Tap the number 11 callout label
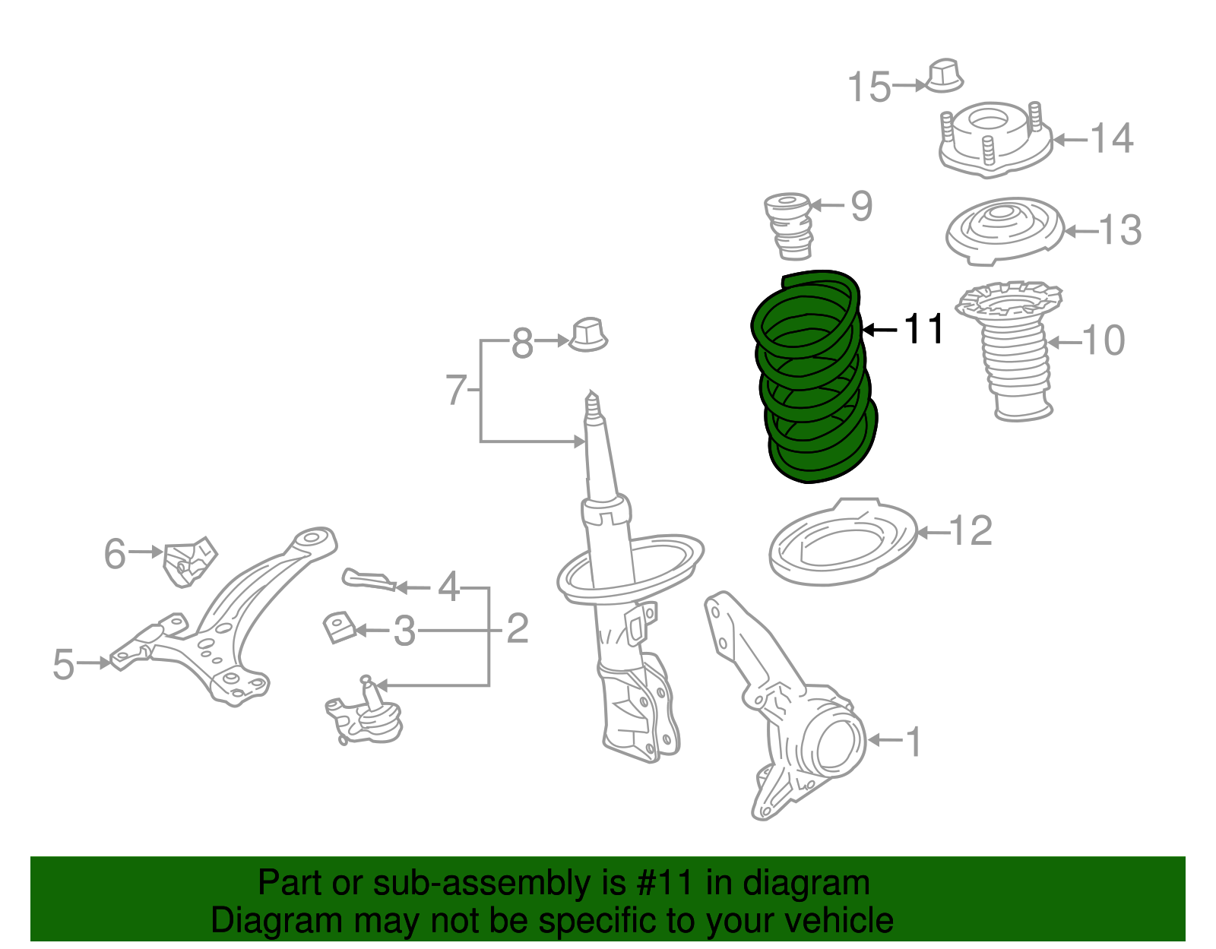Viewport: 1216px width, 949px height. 923,329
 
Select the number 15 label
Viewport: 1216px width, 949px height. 869,87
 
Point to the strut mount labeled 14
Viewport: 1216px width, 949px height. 995,140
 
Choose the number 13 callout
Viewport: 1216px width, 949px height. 1120,229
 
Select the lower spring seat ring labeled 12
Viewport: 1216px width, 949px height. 844,543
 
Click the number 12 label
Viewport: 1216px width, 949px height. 971,530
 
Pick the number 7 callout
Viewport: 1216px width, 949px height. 455,391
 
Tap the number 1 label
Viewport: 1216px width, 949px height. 914,742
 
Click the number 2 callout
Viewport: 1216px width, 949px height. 517,629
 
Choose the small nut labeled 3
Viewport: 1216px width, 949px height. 340,628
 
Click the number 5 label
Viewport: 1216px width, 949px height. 64,664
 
